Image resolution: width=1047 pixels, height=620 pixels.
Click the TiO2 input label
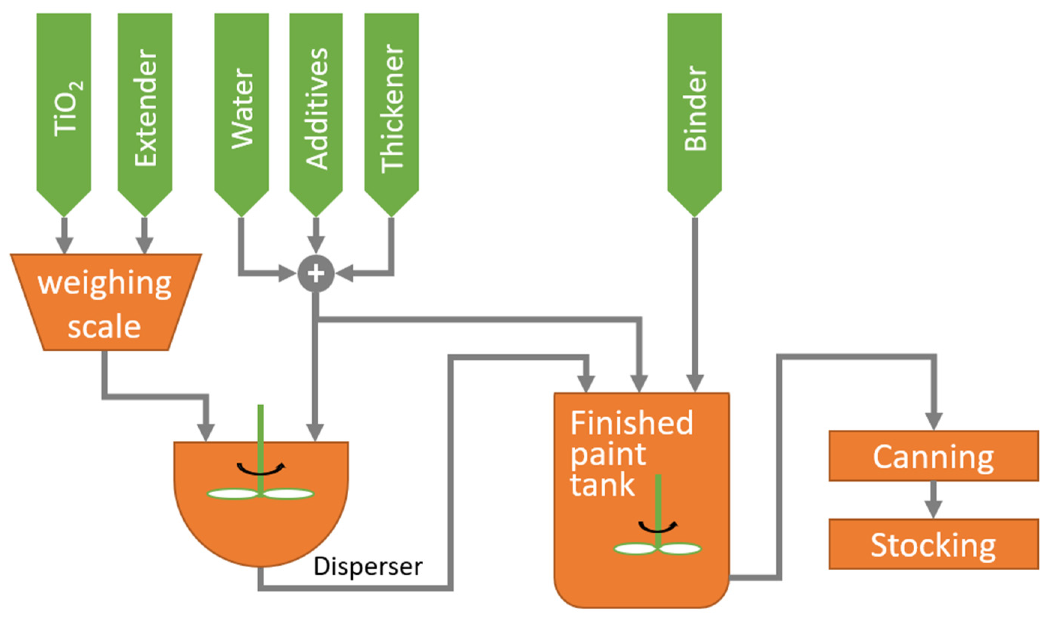click(x=67, y=109)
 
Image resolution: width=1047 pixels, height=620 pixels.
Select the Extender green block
click(x=145, y=109)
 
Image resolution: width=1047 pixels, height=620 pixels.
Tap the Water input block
click(x=241, y=109)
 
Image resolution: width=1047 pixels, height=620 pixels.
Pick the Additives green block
click(x=316, y=109)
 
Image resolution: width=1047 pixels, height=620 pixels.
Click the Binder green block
click(x=694, y=109)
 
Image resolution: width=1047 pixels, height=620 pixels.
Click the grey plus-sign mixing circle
click(x=316, y=273)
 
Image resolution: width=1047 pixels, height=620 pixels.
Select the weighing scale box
click(x=105, y=303)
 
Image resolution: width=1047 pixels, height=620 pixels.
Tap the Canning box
click(x=933, y=456)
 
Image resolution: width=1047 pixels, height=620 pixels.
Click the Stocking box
click(x=933, y=544)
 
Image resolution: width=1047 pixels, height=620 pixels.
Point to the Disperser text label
click(x=368, y=567)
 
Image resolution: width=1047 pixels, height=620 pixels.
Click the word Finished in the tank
click(x=631, y=423)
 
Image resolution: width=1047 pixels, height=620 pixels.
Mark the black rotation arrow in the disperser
click(x=261, y=469)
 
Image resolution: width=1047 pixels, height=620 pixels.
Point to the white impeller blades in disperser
click(x=261, y=494)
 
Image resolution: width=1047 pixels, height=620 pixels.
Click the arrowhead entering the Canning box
click(x=933, y=420)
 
